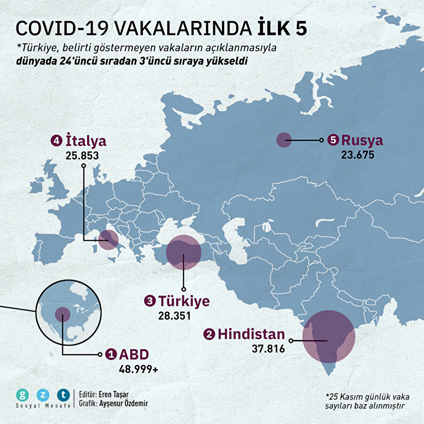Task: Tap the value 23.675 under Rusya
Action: coord(358,154)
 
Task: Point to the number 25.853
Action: coord(82,155)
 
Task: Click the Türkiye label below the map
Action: coord(184,301)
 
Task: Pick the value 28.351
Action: coord(175,315)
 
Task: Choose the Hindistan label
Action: coord(251,334)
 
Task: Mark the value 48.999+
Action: coord(139,369)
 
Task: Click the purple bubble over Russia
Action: coord(284,140)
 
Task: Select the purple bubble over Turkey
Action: coord(184,253)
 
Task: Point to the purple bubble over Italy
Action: coord(108,240)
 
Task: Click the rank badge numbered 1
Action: coord(111,354)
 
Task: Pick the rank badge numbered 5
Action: coord(333,140)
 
